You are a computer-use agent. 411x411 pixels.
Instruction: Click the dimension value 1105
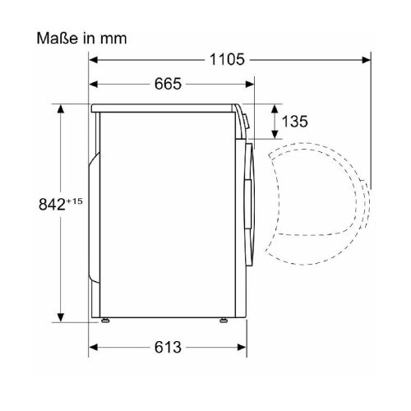(228, 59)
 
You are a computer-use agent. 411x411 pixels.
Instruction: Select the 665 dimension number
(168, 85)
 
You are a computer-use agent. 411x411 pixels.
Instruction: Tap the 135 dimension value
(294, 122)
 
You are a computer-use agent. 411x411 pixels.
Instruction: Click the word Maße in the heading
(54, 38)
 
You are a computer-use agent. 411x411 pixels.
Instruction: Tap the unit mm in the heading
(115, 39)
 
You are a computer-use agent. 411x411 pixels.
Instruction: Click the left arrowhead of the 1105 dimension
(93, 59)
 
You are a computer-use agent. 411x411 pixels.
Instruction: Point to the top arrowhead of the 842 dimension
(61, 108)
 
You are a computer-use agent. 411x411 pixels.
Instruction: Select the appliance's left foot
(105, 320)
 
